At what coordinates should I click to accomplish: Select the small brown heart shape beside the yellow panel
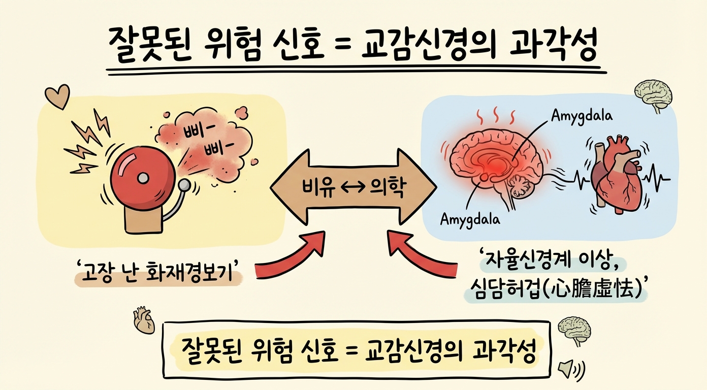coord(57,96)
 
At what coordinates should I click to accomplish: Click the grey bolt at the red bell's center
coord(143,178)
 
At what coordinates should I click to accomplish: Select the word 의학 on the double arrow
coord(387,188)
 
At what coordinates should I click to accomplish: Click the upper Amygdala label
coord(582,116)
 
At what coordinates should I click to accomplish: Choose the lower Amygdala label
coord(470,219)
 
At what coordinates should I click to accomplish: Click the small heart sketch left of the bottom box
coord(144,320)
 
